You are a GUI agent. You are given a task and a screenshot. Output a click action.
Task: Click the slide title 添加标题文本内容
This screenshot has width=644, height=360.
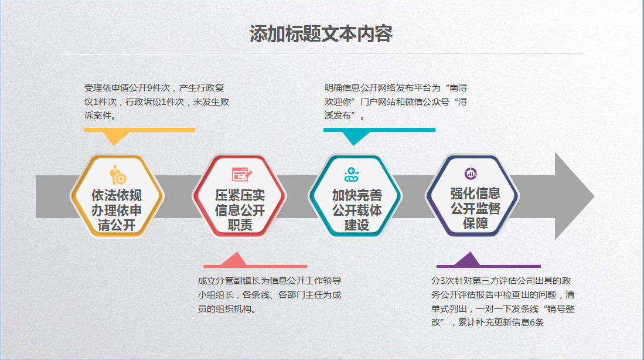[321, 34]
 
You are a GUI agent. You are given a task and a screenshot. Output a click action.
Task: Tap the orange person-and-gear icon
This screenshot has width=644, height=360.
[118, 175]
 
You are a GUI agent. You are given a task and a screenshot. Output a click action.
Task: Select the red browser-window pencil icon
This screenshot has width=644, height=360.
[241, 174]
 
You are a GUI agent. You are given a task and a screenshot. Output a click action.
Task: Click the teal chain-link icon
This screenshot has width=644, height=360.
[352, 175]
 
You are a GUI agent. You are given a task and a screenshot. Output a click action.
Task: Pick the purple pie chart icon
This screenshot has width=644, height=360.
[471, 174]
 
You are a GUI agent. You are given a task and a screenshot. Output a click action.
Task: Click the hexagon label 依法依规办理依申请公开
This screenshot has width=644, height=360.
[117, 210]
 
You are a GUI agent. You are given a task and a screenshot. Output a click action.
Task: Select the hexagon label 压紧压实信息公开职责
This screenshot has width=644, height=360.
[240, 210]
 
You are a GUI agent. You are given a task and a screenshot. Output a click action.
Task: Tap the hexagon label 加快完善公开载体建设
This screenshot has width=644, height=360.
[357, 210]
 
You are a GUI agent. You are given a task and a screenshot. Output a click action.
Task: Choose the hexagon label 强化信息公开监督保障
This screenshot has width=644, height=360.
[475, 208]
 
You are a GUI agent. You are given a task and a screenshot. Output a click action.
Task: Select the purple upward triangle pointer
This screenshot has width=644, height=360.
[468, 259]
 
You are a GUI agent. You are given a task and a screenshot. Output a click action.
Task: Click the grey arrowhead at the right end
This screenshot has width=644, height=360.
[574, 196]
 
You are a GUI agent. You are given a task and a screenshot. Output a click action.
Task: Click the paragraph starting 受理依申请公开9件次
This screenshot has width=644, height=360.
[156, 101]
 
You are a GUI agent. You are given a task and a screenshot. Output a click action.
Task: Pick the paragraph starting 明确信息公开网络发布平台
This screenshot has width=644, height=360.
[396, 101]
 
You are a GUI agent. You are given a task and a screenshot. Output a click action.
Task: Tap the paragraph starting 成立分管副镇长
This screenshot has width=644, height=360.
[270, 295]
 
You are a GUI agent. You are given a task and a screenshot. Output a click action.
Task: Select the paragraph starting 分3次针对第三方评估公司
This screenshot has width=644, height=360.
[503, 301]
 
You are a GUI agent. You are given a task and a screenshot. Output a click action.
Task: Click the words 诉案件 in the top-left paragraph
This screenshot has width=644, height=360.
[98, 116]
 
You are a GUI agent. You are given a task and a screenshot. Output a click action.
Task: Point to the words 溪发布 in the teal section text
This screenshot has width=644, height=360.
[338, 116]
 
